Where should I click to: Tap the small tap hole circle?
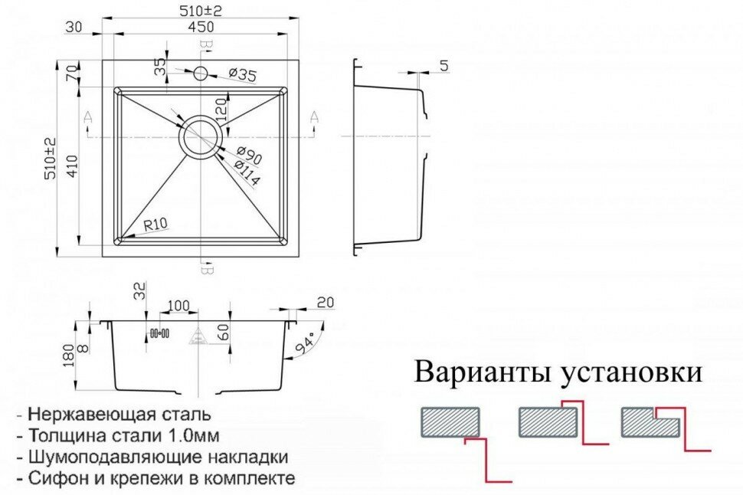201,74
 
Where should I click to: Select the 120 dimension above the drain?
221,110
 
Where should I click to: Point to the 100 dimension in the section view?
177,307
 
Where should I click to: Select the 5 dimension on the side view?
444,67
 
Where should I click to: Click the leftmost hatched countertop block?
450,421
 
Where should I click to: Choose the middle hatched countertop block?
547,421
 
